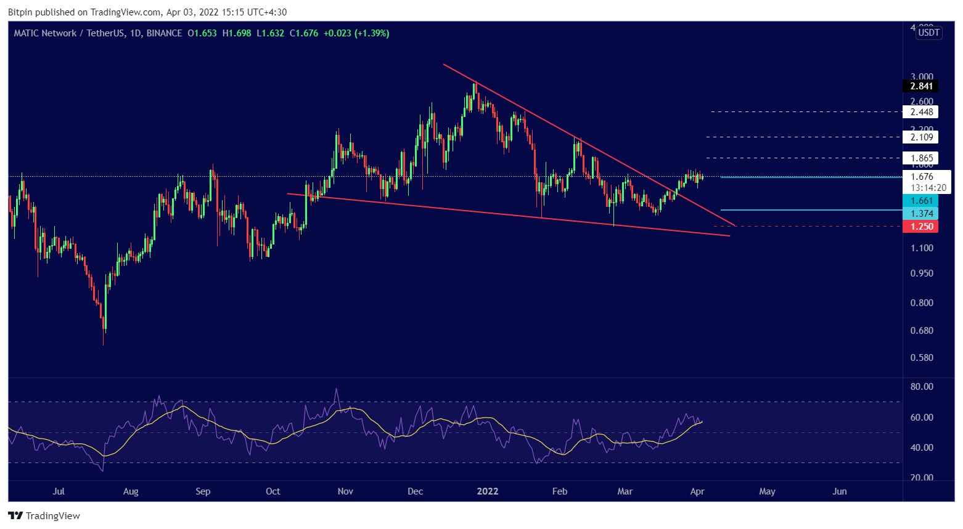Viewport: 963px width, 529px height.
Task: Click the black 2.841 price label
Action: (920, 86)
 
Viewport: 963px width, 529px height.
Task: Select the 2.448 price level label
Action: (920, 112)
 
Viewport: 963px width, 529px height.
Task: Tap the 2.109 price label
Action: (920, 137)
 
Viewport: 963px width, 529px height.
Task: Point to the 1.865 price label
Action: (920, 158)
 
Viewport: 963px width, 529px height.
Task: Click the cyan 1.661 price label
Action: (920, 201)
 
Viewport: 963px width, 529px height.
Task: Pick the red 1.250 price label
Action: (920, 227)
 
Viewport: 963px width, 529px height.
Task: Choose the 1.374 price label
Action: (920, 214)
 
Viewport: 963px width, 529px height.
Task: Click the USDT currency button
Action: (928, 33)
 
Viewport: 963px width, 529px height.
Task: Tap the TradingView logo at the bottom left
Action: (44, 516)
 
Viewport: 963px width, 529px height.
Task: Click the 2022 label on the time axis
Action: (488, 491)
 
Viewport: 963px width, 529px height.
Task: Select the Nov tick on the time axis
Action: (345, 491)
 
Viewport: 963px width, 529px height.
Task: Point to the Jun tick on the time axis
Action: (840, 491)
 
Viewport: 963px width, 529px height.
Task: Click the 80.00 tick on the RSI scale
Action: (922, 387)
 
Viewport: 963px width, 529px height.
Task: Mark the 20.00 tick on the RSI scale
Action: (922, 478)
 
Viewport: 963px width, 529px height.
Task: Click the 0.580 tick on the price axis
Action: (922, 358)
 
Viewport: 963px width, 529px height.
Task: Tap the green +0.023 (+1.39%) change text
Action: (356, 33)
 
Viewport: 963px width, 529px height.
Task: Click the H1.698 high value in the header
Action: (237, 33)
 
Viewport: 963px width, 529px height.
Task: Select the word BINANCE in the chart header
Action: (164, 33)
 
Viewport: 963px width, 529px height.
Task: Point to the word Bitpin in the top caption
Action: (20, 12)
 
